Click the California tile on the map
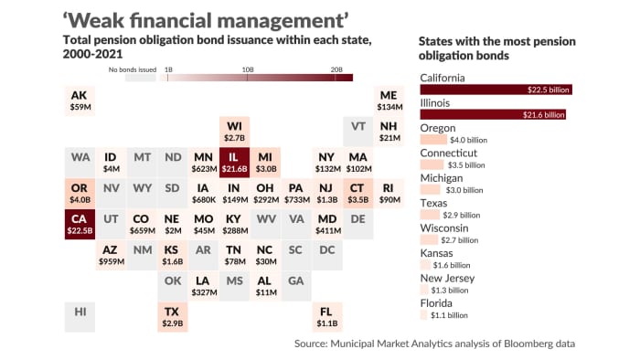pos(80,225)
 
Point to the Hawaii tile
pos(80,312)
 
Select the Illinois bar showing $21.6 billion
pos(493,114)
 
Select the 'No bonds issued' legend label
pos(132,69)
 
